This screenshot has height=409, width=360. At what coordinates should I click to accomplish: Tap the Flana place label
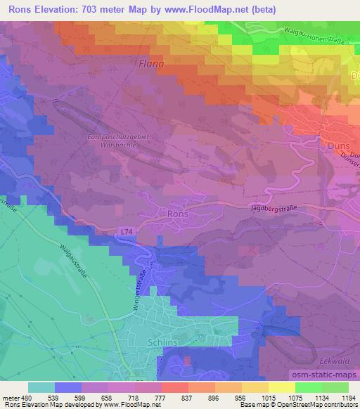(150, 64)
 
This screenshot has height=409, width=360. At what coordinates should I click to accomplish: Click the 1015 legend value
(266, 398)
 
